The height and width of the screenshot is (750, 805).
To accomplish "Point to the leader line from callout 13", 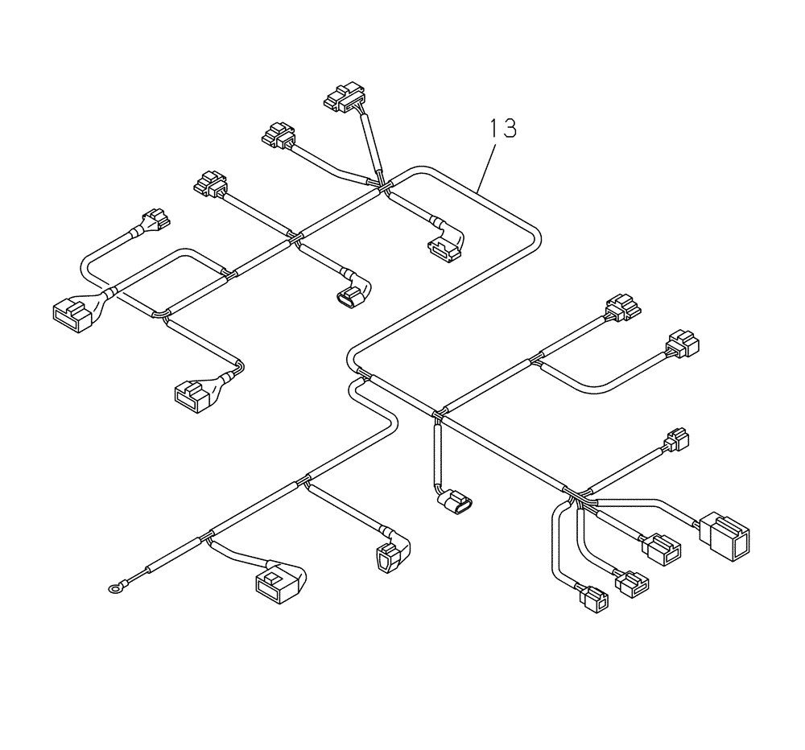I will (x=486, y=164).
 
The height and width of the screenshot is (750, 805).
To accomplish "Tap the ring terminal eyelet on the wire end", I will (x=112, y=591).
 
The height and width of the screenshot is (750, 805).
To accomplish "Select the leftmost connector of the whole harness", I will (x=70, y=313).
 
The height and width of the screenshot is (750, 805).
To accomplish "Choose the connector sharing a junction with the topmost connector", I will (x=278, y=134).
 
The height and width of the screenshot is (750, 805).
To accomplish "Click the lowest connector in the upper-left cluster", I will (x=193, y=394).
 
